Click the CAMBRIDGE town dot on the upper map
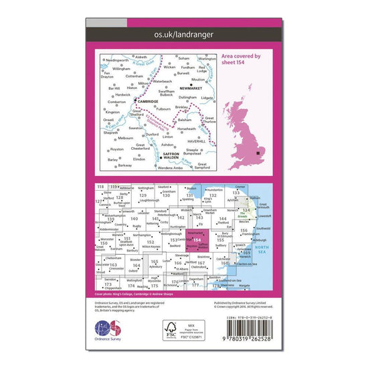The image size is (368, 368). pyautogui.click(x=136, y=101)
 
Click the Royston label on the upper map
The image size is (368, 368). pyautogui.click(x=117, y=149)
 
